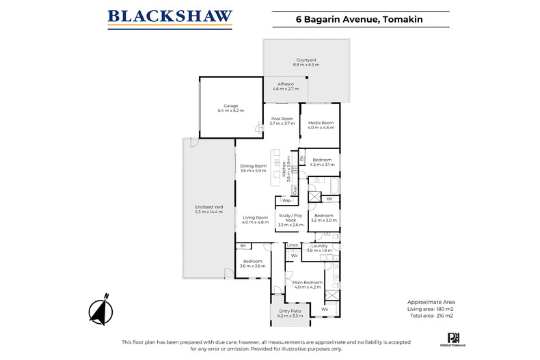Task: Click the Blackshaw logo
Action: coord(170,18)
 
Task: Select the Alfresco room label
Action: coord(286,86)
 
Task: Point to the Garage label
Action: coord(230,108)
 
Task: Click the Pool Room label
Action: coord(282,121)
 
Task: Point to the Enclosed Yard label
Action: coord(209,209)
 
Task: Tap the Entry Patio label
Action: coord(290,314)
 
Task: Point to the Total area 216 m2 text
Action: coord(431,315)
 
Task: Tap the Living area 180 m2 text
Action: coord(431,308)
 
